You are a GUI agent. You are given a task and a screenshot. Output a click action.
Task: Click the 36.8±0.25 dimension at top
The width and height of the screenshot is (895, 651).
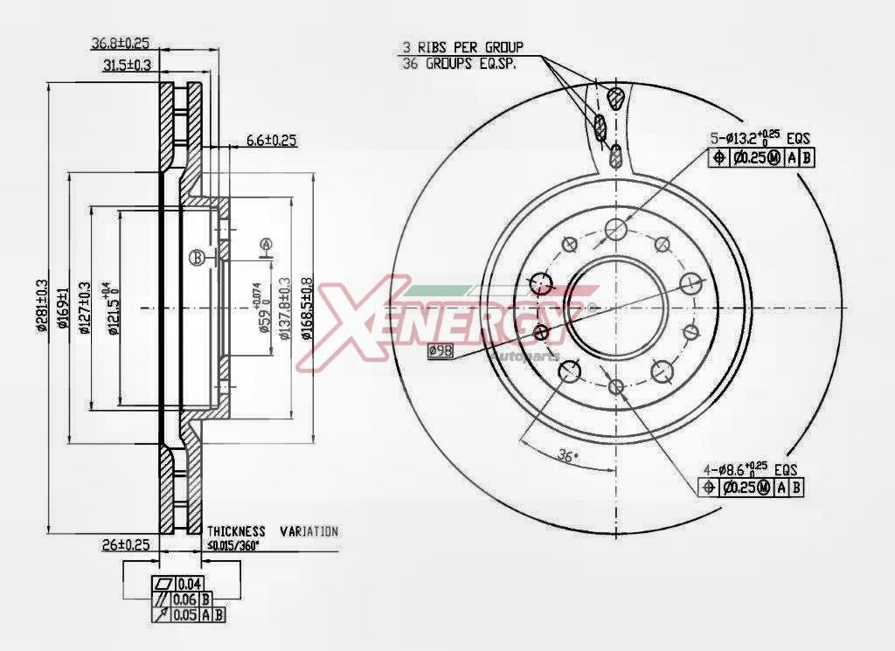point(121,42)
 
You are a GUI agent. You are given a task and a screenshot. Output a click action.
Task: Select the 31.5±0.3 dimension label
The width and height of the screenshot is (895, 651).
point(128,65)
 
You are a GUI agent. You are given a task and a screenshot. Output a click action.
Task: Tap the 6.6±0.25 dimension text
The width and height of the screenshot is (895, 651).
point(272,140)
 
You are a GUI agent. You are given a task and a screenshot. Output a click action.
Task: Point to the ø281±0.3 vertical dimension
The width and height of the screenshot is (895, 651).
point(41,307)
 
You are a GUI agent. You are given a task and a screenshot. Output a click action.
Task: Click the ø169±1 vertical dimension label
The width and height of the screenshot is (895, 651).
point(63,308)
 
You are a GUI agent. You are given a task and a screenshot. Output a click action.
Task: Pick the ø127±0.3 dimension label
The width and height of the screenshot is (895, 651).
point(85,308)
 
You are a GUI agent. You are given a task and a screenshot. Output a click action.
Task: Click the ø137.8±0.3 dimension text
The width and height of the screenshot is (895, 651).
point(285,313)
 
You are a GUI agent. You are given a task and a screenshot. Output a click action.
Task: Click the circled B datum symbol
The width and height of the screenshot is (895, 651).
point(198,257)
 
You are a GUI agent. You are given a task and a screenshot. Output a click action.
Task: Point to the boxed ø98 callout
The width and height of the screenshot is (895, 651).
point(440,350)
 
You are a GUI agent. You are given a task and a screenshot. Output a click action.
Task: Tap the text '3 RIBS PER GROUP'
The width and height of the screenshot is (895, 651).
point(461,46)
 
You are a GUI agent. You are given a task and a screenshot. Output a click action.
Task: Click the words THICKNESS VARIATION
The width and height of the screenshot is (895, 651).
point(272,531)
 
